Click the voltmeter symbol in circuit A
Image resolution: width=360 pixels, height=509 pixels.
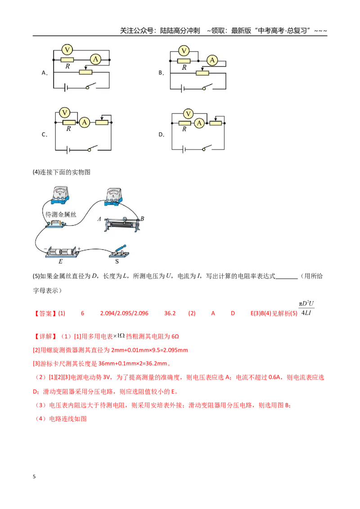point(67,49)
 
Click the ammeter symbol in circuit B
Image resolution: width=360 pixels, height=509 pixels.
point(212,60)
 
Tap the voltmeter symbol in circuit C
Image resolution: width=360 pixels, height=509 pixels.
point(65,113)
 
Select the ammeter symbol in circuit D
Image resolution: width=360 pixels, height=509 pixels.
point(199,123)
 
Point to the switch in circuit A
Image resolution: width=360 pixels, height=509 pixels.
point(91,86)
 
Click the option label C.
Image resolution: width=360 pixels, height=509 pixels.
point(45,134)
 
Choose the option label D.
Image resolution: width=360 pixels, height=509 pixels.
point(161,134)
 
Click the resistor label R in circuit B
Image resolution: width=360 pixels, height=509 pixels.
point(184,67)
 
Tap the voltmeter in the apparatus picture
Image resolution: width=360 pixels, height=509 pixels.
point(60,195)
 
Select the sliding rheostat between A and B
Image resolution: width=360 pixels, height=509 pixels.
point(122,224)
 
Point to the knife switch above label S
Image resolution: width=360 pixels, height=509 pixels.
point(119,251)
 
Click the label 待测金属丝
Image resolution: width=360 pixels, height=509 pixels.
point(61,214)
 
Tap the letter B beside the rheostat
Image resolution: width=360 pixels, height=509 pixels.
point(142,219)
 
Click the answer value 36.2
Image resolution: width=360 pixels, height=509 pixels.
point(170,313)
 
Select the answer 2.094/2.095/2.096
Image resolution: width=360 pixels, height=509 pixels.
point(124,313)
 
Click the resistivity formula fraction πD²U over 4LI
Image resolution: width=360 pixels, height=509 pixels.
point(306,308)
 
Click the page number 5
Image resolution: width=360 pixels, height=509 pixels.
point(34,477)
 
